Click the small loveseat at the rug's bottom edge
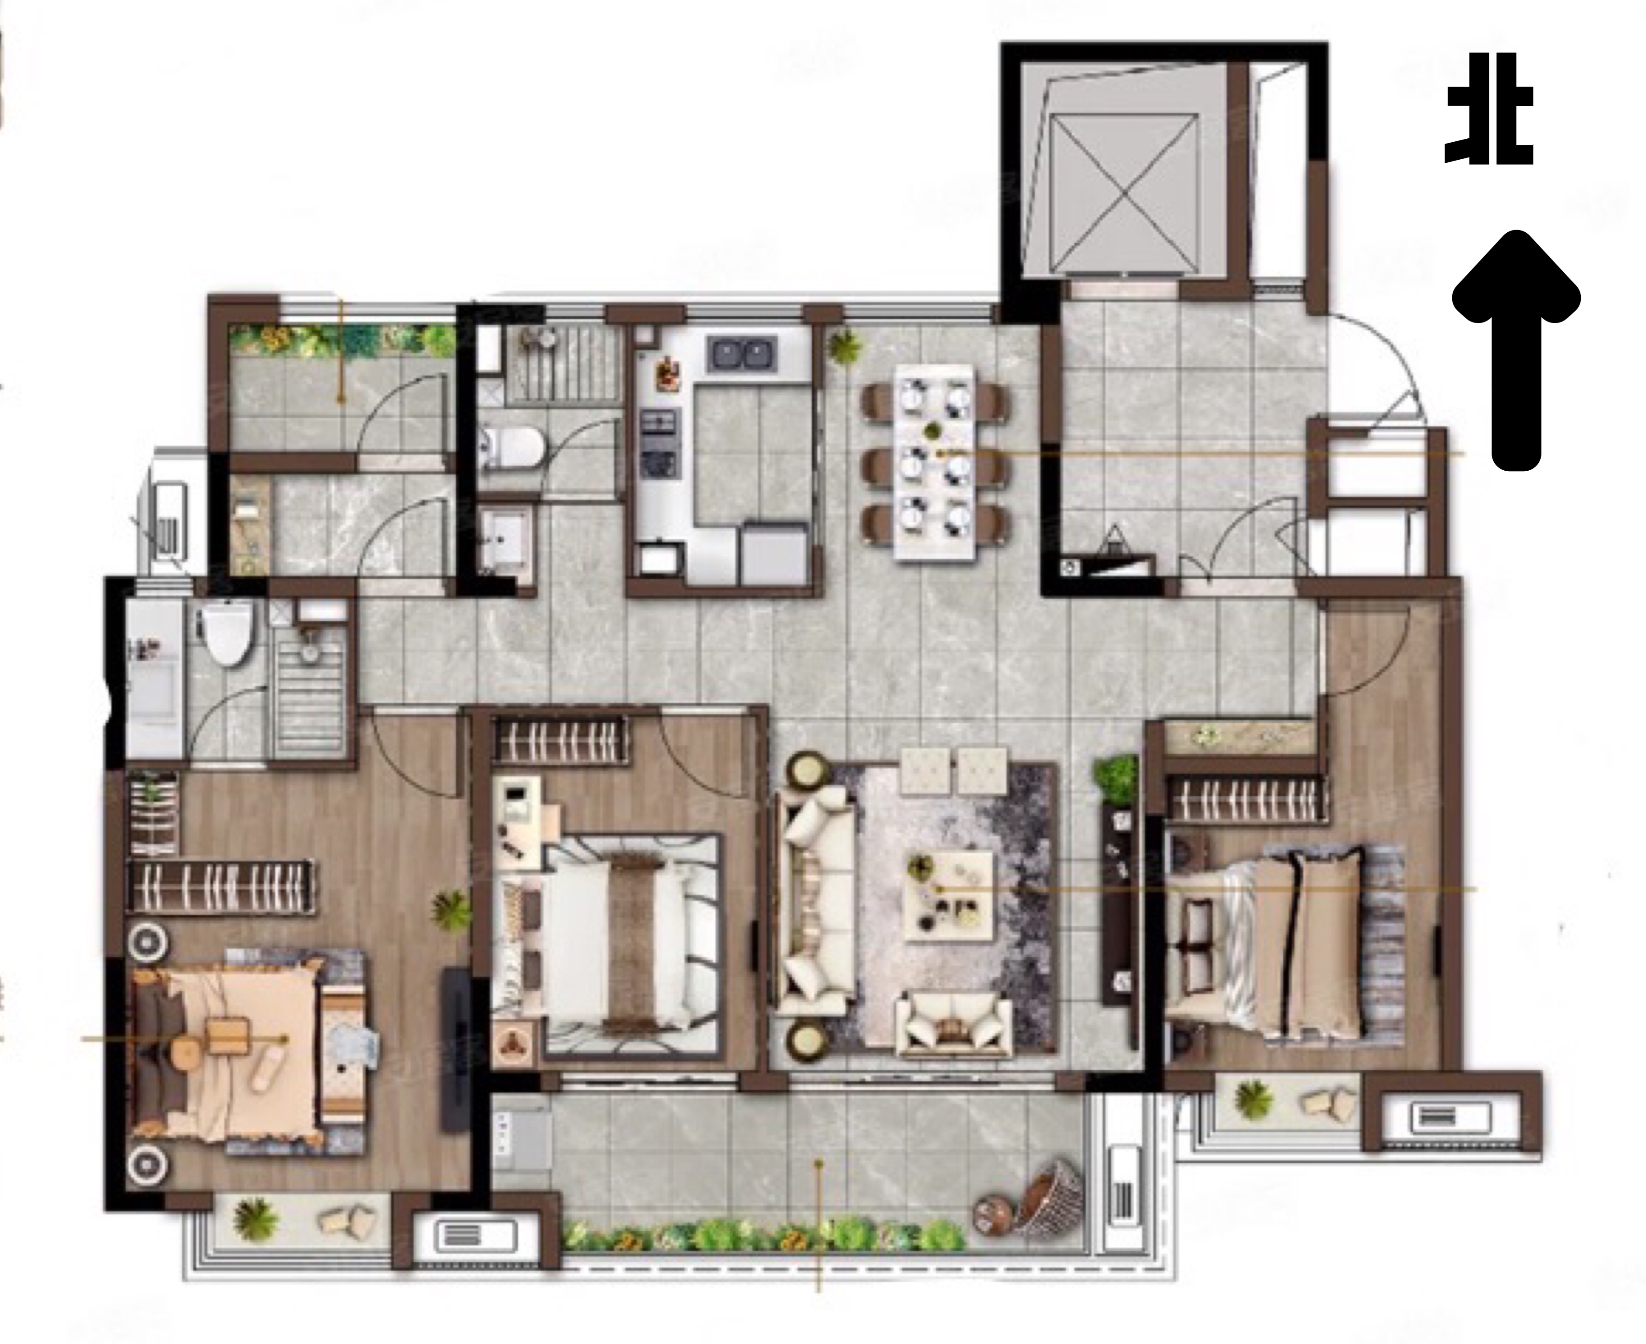(954, 1026)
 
